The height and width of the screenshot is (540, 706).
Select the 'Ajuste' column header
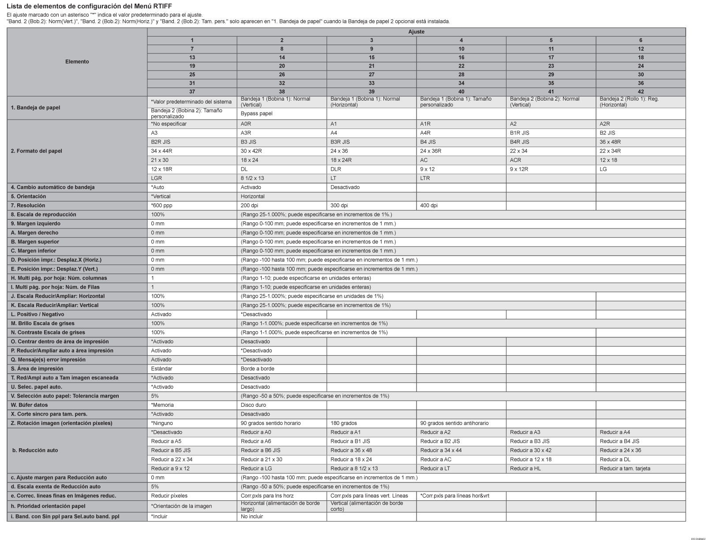pyautogui.click(x=416, y=32)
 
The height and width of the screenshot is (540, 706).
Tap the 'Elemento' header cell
pyautogui.click(x=77, y=62)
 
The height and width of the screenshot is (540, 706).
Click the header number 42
pyautogui.click(x=640, y=92)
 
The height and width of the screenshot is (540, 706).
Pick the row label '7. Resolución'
pyautogui.click(x=28, y=206)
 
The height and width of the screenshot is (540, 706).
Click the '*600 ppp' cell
pyautogui.click(x=162, y=206)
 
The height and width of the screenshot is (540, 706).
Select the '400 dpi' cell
pyautogui.click(x=429, y=206)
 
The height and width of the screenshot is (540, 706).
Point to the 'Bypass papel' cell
pyautogui.click(x=256, y=113)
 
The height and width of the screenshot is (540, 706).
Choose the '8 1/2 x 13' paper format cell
pyautogui.click(x=253, y=178)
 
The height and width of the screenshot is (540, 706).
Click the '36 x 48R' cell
pyautogui.click(x=610, y=142)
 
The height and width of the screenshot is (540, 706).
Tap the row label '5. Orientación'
pyautogui.click(x=29, y=196)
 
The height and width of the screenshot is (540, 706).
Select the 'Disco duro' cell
pyautogui.click(x=253, y=405)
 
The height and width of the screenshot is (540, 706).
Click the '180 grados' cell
pyautogui.click(x=344, y=423)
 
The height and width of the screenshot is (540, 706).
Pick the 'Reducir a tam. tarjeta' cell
pyautogui.click(x=625, y=469)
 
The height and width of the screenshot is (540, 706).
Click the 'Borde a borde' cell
pyautogui.click(x=257, y=369)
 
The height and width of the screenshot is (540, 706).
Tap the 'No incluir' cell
pyautogui.click(x=252, y=517)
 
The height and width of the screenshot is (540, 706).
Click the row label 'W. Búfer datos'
pyautogui.click(x=30, y=405)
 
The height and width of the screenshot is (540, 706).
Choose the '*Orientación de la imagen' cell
pyautogui.click(x=181, y=506)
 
